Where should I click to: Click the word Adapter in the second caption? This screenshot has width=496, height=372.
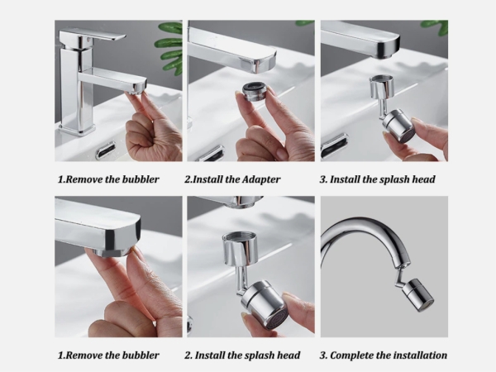click(261, 179)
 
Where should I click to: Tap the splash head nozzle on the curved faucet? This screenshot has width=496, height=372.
click(420, 295)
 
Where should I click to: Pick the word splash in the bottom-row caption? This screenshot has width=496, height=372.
click(257, 355)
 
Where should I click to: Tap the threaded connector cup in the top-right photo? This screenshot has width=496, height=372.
click(383, 86)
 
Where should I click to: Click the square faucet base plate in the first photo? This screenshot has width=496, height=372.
click(77, 129)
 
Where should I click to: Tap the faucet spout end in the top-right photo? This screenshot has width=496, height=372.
click(388, 47)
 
